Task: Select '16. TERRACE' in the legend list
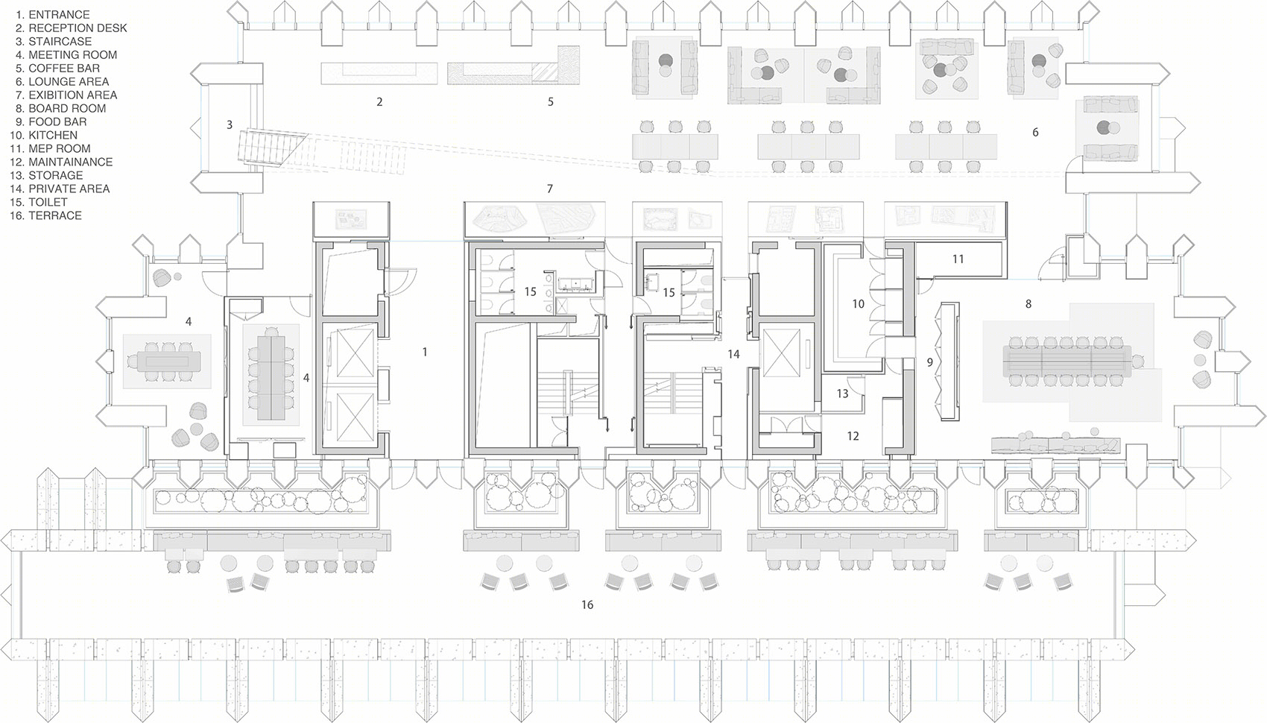pyautogui.click(x=45, y=215)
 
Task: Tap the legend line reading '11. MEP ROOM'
pyautogui.click(x=51, y=148)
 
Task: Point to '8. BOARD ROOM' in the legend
pyautogui.click(x=61, y=108)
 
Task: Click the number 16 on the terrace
pyautogui.click(x=587, y=604)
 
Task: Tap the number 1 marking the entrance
pyautogui.click(x=425, y=352)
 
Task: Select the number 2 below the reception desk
pyautogui.click(x=379, y=102)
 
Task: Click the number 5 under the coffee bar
pyautogui.click(x=550, y=102)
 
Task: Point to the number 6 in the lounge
pyautogui.click(x=1035, y=132)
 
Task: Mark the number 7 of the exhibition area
pyautogui.click(x=550, y=189)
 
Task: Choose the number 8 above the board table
pyautogui.click(x=1029, y=304)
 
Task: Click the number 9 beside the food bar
pyautogui.click(x=930, y=362)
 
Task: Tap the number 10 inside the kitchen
pyautogui.click(x=859, y=304)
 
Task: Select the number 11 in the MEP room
pyautogui.click(x=958, y=259)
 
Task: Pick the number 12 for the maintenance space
pyautogui.click(x=853, y=436)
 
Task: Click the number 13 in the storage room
pyautogui.click(x=843, y=394)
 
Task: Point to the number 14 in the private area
pyautogui.click(x=733, y=354)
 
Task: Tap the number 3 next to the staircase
pyautogui.click(x=229, y=124)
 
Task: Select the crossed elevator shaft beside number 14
pyautogui.click(x=781, y=351)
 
